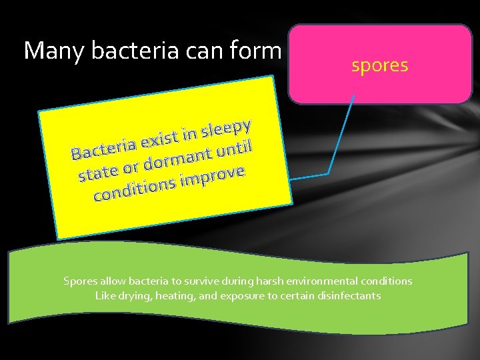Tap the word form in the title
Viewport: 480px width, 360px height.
(255, 51)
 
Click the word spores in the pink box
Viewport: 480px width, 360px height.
(379, 65)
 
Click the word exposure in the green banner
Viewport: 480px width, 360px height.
(244, 295)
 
